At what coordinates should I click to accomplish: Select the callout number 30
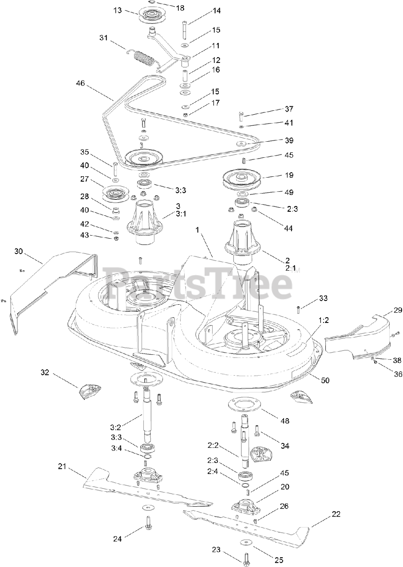click(x=18, y=251)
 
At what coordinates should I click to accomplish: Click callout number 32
click(x=44, y=373)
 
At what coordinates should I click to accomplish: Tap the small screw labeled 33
click(x=299, y=307)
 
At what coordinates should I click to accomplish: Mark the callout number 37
click(x=301, y=109)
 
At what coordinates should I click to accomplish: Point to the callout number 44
click(x=288, y=229)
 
